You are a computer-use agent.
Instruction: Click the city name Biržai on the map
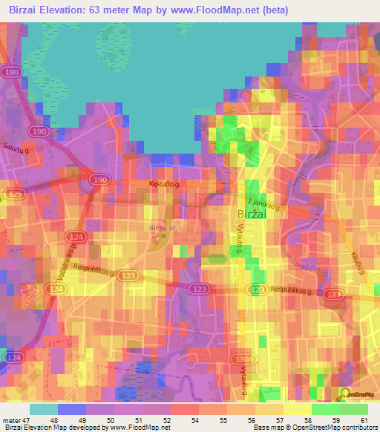point(257,214)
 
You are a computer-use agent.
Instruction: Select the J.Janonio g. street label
point(263,200)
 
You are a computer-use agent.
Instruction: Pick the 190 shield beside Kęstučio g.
point(97,179)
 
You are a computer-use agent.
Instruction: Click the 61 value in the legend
point(363,419)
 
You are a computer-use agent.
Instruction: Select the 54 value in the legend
point(194,419)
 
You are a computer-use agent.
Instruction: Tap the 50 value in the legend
point(110,419)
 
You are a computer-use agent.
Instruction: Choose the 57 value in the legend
point(279,419)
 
